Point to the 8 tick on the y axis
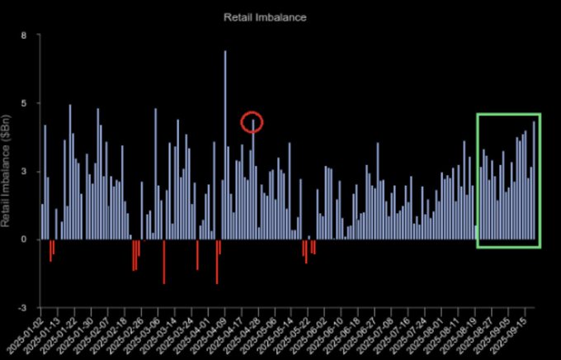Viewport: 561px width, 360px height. tap(24, 36)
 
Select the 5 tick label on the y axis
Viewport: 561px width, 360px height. tap(24, 103)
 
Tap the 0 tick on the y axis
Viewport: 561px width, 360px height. tap(24, 239)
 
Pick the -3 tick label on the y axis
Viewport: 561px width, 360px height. tap(22, 307)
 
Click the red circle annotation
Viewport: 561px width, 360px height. tap(252, 122)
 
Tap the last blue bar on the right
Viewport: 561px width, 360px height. tap(534, 180)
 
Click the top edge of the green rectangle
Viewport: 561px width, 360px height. tap(508, 114)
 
